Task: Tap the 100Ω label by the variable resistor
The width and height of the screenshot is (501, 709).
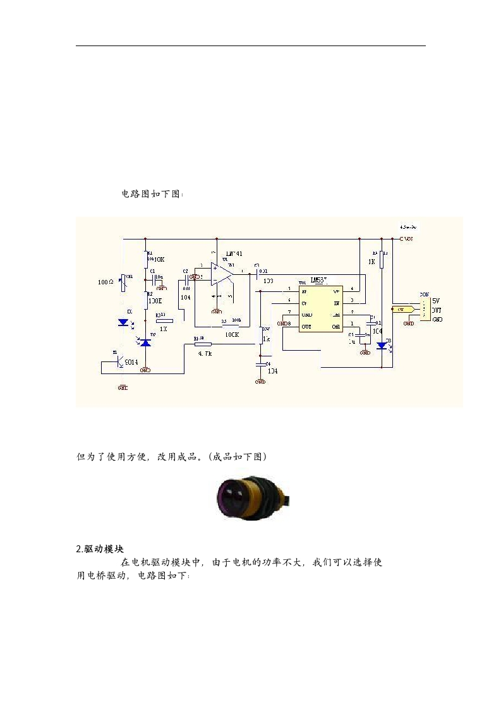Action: point(106,282)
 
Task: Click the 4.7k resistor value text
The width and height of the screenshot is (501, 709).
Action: point(205,354)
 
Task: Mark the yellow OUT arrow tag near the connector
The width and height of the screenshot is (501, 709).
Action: point(401,310)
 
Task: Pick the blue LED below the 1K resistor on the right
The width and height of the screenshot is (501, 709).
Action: point(382,346)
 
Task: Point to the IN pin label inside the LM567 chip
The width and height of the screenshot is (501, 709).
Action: point(337,303)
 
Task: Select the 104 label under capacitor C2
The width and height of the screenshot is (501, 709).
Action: point(185,296)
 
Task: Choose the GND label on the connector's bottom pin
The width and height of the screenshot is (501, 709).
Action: point(437,319)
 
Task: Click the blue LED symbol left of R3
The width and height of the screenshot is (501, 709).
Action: point(124,322)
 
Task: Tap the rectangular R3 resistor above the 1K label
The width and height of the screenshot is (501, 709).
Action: point(164,321)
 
